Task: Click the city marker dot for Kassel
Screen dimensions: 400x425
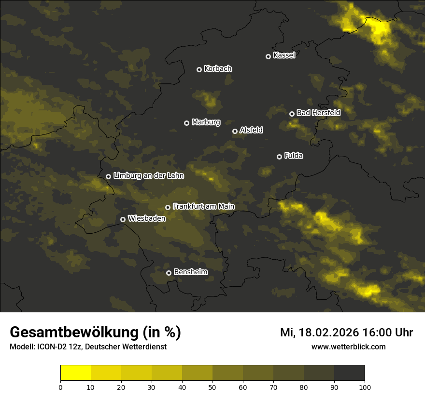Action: pos(268,56)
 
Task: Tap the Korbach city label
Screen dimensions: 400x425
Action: pos(218,68)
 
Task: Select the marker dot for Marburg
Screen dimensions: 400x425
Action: pos(186,123)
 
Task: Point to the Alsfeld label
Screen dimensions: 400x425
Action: pos(251,130)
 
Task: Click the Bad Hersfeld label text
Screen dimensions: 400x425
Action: pos(318,113)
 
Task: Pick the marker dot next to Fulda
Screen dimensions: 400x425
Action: pos(279,157)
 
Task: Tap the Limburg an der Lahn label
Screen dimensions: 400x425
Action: pos(148,176)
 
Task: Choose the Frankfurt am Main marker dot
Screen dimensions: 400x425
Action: pos(168,207)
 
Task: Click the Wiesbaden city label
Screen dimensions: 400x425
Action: pos(147,218)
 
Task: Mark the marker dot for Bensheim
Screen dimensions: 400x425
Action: pos(169,273)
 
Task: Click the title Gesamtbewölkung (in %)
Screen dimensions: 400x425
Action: pos(95,333)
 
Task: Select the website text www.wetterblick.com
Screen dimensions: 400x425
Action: pos(348,347)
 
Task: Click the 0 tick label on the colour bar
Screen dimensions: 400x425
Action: pos(60,387)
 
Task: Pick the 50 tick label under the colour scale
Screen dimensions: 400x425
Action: pos(212,387)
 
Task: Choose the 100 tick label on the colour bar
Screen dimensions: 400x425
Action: pos(365,387)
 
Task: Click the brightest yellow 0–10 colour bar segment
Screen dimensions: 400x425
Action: pos(75,373)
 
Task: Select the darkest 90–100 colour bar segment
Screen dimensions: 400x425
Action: pos(349,373)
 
